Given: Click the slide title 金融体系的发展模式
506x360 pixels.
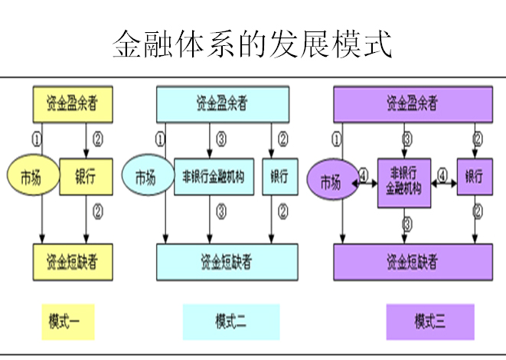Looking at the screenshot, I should pos(253,44).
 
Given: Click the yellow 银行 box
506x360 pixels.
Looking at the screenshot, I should pos(85,177).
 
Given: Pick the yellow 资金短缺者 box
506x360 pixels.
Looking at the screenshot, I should pos(73,262).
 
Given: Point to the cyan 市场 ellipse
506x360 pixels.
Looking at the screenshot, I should pos(146,178).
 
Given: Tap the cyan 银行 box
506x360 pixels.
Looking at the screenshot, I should pos(279,178).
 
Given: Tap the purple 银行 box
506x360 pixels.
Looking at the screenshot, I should pos(475,177).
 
